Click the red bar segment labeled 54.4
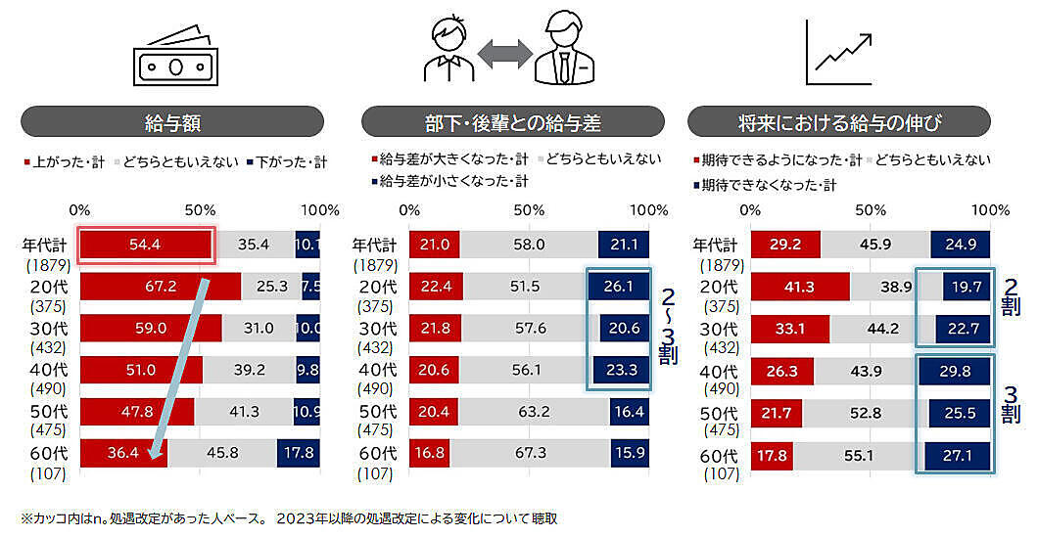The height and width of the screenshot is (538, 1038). tap(145, 245)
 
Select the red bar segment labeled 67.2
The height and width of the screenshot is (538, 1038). tap(160, 287)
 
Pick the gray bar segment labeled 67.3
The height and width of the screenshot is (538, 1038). tap(531, 454)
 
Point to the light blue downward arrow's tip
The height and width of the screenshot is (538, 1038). tap(151, 456)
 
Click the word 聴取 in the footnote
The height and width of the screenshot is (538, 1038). tap(550, 518)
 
